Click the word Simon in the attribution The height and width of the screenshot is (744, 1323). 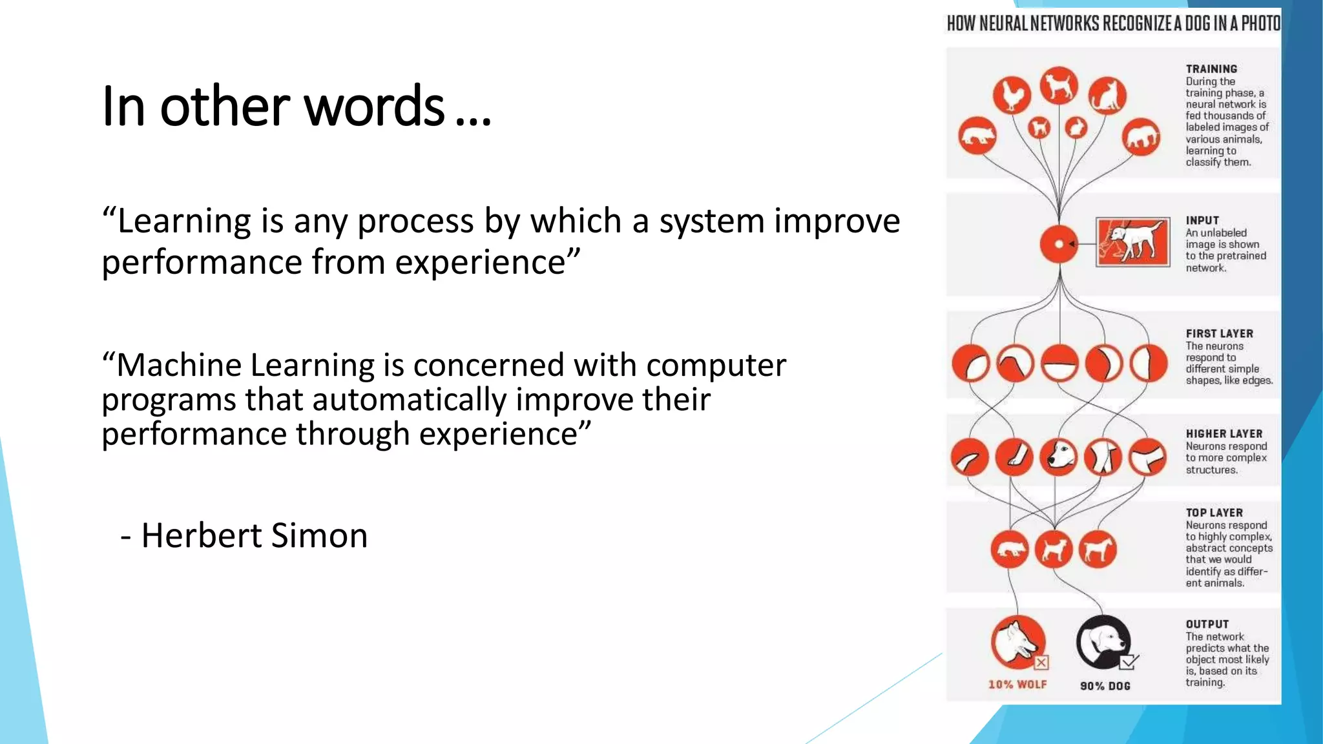[319, 535]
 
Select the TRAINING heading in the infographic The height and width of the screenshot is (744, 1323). [1211, 69]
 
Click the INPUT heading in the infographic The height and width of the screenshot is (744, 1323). [1202, 220]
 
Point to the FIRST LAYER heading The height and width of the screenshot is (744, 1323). [1219, 334]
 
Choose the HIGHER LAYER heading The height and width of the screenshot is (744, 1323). [1224, 434]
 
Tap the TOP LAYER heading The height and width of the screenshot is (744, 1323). [1214, 513]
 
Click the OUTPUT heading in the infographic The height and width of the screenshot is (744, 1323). [1207, 625]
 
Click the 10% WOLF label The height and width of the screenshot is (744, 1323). [1017, 685]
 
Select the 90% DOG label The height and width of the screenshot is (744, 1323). [1105, 686]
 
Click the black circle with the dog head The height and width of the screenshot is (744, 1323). [1103, 642]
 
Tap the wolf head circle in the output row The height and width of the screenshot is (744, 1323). [1017, 641]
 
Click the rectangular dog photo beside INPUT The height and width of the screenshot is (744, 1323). [1132, 242]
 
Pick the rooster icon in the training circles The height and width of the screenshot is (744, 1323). [1012, 96]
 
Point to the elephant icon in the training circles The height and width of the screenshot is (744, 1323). [1141, 137]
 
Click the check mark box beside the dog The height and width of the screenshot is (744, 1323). [1129, 663]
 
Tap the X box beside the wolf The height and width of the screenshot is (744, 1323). [1041, 663]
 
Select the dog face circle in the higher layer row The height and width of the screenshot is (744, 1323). [1059, 457]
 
